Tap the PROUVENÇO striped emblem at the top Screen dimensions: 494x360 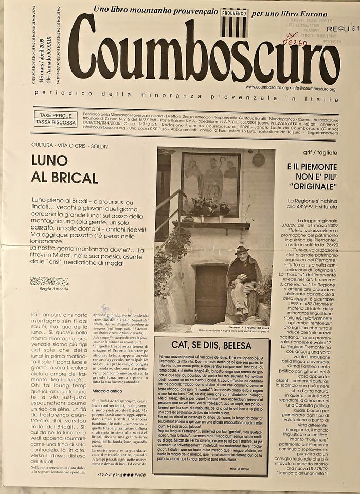coord(233,23)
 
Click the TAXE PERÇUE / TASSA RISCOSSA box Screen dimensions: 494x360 coord(56,118)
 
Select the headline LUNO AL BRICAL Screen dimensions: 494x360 coord(64,168)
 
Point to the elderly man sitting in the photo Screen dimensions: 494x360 coord(242,280)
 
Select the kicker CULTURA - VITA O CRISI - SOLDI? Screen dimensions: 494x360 coord(69,146)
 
